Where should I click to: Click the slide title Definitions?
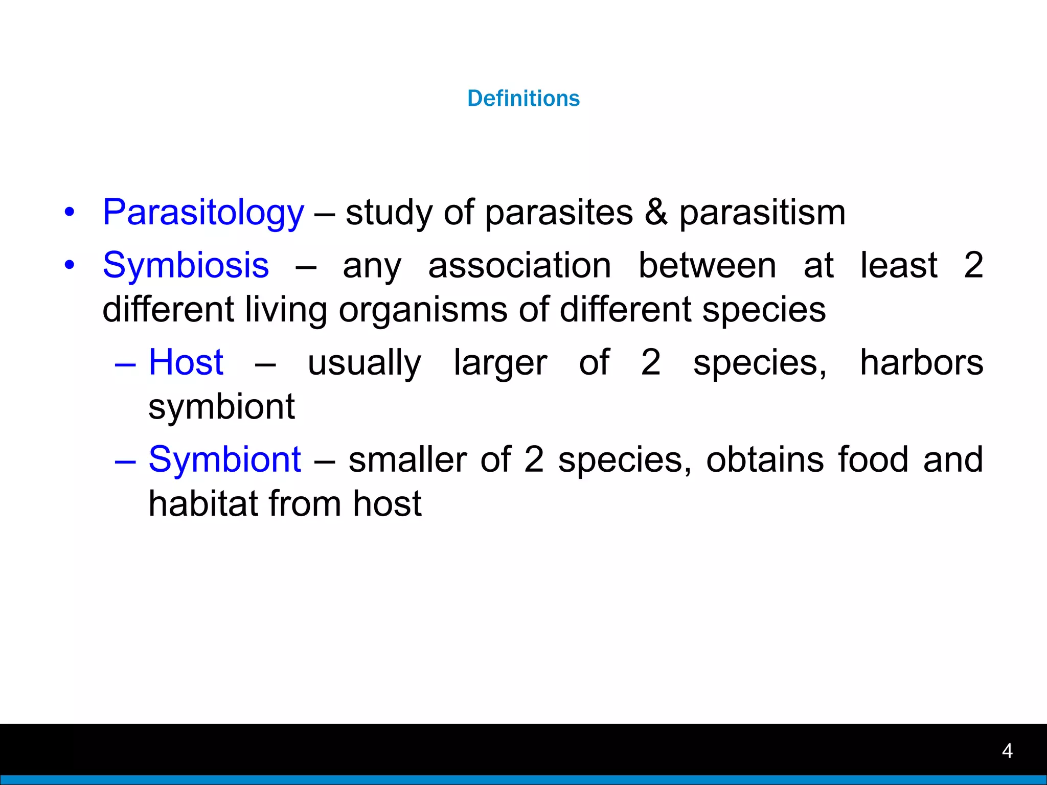[523, 98]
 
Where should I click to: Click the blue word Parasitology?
[203, 213]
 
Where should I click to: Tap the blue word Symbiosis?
[186, 265]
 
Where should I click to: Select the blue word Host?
[186, 362]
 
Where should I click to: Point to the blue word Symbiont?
[224, 459]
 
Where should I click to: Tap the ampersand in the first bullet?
[656, 213]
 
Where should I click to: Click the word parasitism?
[762, 213]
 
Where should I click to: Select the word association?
[519, 265]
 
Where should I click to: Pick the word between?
[708, 265]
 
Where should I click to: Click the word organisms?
[423, 310]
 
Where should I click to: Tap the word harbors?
[921, 362]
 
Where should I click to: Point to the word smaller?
[407, 459]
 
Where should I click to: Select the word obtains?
[765, 459]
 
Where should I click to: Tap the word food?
[873, 459]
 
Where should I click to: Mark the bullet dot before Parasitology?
[70, 212]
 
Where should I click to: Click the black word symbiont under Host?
[221, 407]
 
